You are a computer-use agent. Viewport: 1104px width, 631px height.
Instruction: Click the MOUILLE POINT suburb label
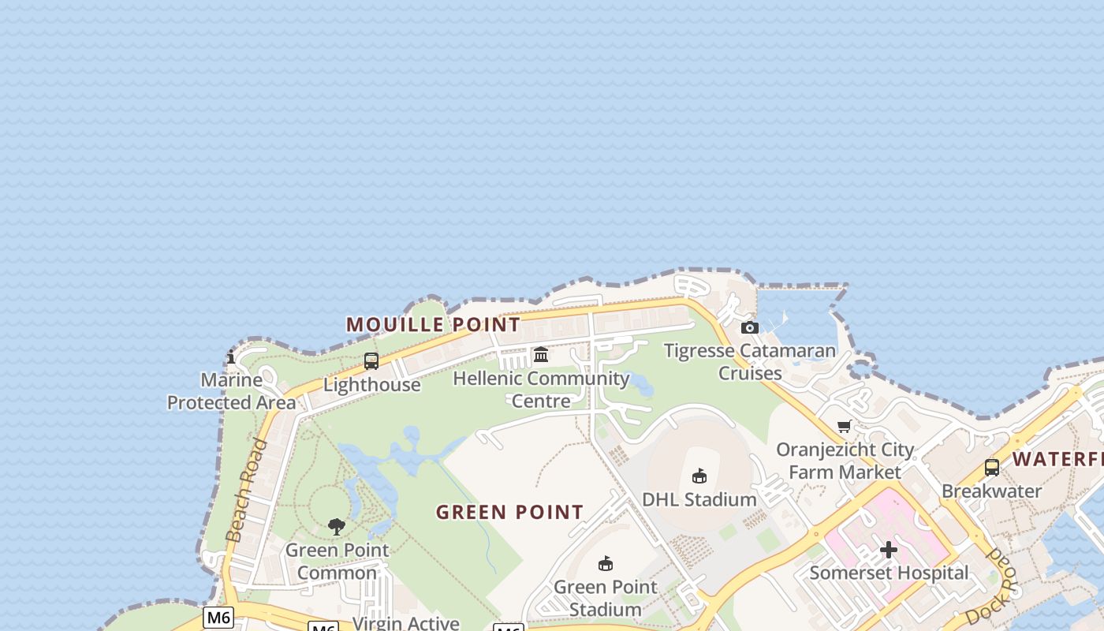point(433,324)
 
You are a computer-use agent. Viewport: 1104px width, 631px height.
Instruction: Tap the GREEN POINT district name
point(509,512)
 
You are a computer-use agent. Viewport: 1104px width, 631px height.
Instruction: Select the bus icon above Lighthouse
point(371,361)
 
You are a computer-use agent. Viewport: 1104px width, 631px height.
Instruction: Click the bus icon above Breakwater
point(992,468)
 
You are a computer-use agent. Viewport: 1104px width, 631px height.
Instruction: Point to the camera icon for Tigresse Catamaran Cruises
point(750,327)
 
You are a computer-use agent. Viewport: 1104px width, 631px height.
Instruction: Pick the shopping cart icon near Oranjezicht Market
point(845,427)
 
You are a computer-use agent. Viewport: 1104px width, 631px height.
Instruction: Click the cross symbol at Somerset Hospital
point(889,550)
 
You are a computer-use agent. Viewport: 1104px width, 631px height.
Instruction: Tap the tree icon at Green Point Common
point(337,527)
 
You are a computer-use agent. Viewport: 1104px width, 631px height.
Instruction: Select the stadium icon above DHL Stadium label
point(699,476)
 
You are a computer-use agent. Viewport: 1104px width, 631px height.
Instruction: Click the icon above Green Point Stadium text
point(606,563)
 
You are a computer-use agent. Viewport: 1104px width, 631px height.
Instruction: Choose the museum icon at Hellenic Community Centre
point(541,355)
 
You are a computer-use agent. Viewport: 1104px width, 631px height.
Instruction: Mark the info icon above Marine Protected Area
point(231,357)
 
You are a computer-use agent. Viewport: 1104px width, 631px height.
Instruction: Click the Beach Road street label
point(247,491)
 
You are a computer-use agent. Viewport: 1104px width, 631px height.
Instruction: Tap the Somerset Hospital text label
point(889,573)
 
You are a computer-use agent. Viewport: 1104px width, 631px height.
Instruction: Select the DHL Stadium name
point(699,499)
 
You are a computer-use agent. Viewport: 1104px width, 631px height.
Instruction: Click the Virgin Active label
point(406,623)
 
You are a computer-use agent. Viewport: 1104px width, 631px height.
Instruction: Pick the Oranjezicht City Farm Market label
point(845,461)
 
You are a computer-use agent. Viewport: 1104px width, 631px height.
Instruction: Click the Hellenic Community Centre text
point(541,390)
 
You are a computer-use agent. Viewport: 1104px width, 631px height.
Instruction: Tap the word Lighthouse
point(371,385)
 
